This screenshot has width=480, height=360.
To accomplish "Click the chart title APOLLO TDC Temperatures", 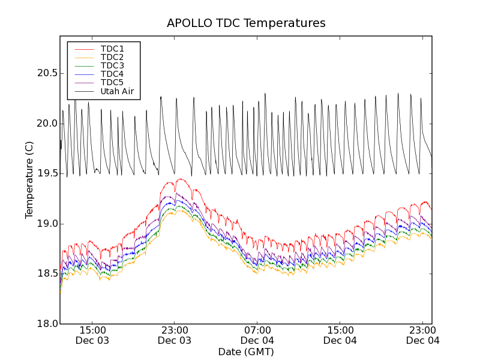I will click(x=246, y=23).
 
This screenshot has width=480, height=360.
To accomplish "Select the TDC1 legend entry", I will click(x=112, y=49).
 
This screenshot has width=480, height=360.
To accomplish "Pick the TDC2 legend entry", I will click(x=112, y=57).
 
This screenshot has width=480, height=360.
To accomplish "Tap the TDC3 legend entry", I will click(x=112, y=65).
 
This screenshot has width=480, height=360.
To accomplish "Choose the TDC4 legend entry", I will click(x=112, y=74).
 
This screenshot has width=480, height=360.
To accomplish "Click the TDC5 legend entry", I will click(x=112, y=82).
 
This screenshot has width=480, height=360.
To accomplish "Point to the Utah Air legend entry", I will click(x=117, y=91).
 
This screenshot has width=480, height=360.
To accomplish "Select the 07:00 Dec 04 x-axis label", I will click(x=257, y=335).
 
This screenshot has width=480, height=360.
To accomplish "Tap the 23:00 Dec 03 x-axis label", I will click(x=175, y=335).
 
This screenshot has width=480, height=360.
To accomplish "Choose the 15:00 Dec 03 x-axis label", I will click(x=92, y=335).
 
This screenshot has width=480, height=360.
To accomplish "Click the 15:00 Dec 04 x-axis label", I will click(x=340, y=335).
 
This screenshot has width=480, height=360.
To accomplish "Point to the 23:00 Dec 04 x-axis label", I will click(x=423, y=335).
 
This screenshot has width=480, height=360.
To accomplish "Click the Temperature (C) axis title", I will click(x=29, y=180).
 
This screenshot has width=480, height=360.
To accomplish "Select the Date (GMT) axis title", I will click(x=246, y=352).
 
